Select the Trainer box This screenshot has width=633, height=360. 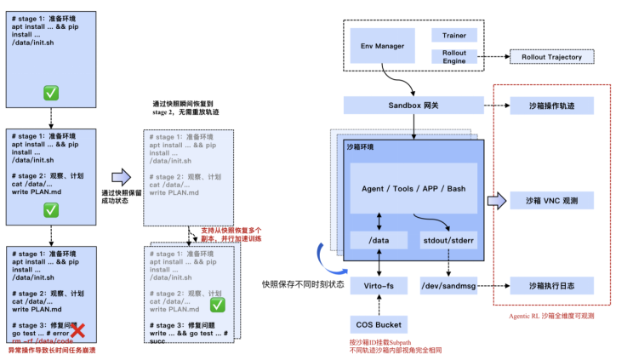455,36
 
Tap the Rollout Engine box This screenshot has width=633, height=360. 455,57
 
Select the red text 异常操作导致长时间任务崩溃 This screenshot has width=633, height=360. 54,350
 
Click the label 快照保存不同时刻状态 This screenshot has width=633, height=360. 304,284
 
